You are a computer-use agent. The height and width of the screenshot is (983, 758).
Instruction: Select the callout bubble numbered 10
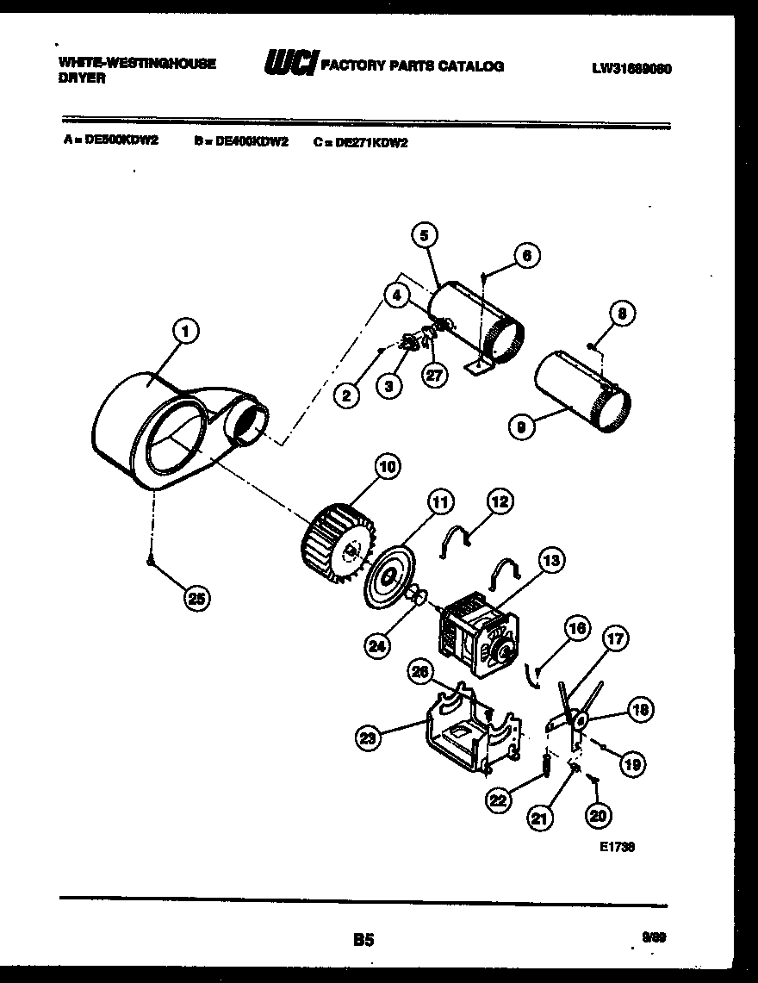coord(387,467)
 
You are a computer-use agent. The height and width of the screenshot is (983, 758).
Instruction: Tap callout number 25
coord(198,600)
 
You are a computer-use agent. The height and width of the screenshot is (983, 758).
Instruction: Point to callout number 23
coord(368,736)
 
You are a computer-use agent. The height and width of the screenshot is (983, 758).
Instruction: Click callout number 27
coord(435,375)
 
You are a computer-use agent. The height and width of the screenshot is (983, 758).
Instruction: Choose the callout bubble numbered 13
coord(552,561)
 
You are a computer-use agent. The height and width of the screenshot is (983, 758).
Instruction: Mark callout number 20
coord(597,813)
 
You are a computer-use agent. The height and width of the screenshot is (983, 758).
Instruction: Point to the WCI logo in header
coord(289,65)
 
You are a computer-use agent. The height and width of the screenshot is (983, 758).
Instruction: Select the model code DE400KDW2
coord(246,143)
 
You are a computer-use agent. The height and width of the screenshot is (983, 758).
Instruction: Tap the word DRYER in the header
coord(82,78)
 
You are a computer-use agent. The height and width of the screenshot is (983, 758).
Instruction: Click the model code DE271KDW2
coord(368,143)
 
